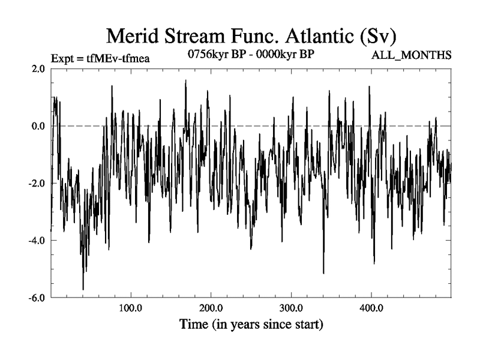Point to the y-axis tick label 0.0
pos(38,126)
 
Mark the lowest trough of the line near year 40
pos(83,289)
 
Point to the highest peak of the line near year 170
pos(185,80)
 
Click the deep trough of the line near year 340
pos(323,273)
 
